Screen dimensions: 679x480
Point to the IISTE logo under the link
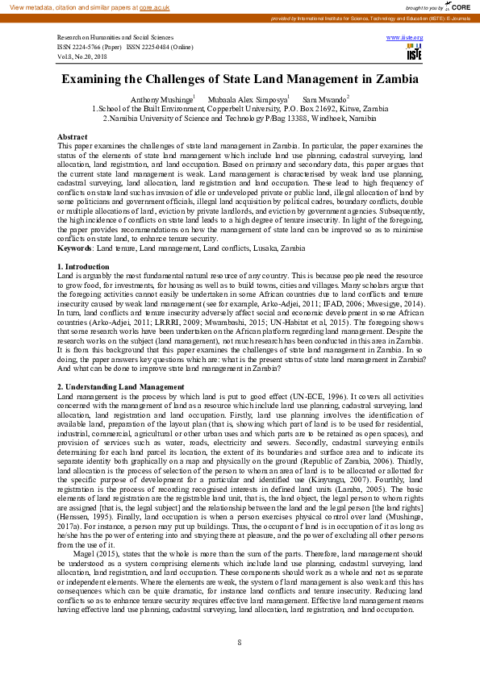point(414,53)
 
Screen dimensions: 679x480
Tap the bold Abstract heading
point(73,137)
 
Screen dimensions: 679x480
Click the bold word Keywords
point(75,248)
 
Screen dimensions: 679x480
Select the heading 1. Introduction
point(83,266)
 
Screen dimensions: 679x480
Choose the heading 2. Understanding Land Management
point(121,388)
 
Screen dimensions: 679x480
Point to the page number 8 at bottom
point(240,642)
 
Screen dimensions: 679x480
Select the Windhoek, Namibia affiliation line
point(240,118)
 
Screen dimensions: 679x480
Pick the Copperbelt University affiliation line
point(240,108)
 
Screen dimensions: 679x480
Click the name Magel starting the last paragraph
point(84,554)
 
